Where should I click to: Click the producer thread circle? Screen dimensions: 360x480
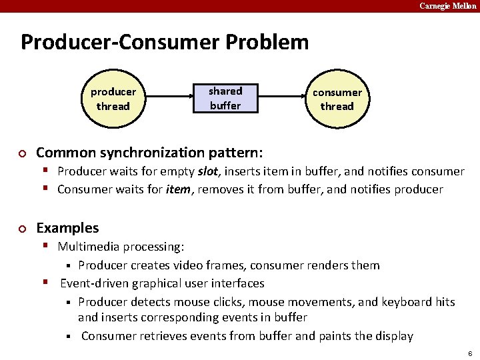click(x=113, y=99)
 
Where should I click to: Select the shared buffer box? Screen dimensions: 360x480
click(x=225, y=98)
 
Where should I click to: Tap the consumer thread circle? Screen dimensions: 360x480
click(x=337, y=99)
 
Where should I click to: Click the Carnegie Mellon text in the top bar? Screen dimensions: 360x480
click(x=447, y=6)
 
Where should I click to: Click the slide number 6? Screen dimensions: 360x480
click(x=470, y=352)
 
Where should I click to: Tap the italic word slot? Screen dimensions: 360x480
click(x=209, y=171)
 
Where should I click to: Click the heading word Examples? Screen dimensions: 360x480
click(x=67, y=228)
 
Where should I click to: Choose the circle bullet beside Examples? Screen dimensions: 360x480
click(x=22, y=229)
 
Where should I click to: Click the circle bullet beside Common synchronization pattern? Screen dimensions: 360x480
click(x=22, y=153)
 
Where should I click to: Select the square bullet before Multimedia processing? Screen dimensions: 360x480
click(x=48, y=246)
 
